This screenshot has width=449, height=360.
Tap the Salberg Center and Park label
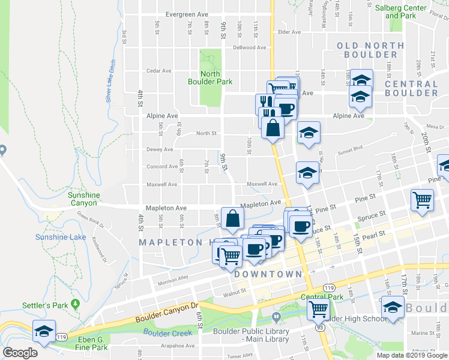pos(400,11)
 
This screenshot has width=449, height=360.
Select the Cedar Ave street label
pos(159,71)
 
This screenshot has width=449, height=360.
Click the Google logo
pos(20,353)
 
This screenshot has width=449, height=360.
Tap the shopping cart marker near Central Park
pos(318,310)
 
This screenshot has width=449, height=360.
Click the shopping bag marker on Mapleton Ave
pos(232,218)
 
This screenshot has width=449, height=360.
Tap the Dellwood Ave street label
pos(249,47)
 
